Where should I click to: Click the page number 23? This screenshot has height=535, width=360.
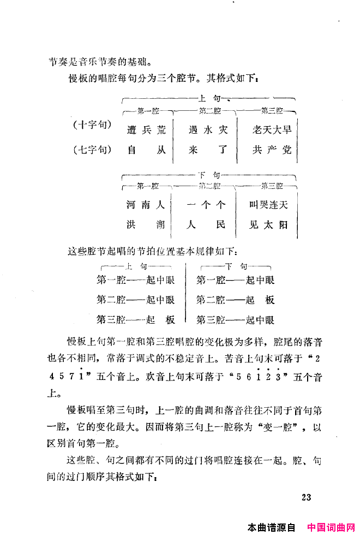point(305,497)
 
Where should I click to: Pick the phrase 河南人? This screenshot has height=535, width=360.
point(145,205)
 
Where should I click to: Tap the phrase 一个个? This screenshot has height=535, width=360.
point(205,205)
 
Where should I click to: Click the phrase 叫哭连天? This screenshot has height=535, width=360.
point(269,205)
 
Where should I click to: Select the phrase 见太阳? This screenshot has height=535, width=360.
point(269,225)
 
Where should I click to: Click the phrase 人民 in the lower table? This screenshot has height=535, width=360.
point(205,225)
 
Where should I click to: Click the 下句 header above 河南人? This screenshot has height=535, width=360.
point(208,175)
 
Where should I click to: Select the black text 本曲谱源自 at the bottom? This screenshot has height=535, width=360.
point(271,527)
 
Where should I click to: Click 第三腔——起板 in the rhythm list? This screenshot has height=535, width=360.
point(136,319)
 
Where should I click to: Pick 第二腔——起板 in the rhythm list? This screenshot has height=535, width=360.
point(235,300)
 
